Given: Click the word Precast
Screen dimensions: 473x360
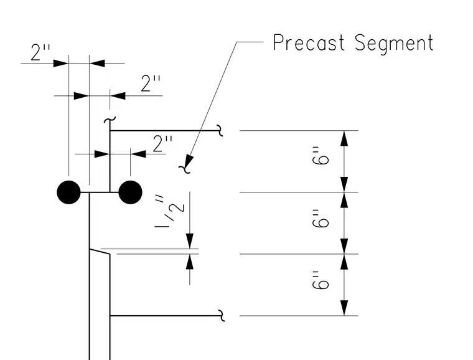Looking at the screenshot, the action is pos(308,42).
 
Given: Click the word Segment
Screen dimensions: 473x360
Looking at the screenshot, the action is pos(394,44).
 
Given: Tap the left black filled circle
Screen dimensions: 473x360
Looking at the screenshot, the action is pos(69,192).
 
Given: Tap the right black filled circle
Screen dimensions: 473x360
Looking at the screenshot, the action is pos(130,192).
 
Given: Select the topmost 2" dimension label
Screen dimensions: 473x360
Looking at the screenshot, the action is pos(40,52).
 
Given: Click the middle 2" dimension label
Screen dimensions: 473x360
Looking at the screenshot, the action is pos(151,83).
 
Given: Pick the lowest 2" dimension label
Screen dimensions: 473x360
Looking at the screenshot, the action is pos(162,143).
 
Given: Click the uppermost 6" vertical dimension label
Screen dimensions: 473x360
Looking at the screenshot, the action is pos(320,156).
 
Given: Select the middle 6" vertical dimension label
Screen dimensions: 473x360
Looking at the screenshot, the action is pos(320,219).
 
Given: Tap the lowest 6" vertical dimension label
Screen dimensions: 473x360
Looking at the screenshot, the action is pos(320,280).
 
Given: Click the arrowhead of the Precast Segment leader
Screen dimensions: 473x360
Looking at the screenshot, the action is pos(189,161).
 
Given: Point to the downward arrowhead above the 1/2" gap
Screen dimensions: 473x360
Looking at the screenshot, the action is pos(190,241).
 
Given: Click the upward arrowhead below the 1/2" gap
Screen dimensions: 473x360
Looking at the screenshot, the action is pos(190,262).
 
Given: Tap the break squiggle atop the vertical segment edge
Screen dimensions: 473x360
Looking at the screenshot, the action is pos(110,120).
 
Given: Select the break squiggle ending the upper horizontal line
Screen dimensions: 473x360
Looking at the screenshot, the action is pos(220,131).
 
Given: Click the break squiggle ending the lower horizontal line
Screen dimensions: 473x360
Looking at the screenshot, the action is pos(222,316).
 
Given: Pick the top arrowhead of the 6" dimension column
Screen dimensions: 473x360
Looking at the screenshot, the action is pos(344,138).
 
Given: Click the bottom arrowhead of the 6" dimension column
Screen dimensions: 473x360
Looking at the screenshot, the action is pos(344,308).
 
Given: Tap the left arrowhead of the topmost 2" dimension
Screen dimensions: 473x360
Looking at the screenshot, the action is pos(61,64).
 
